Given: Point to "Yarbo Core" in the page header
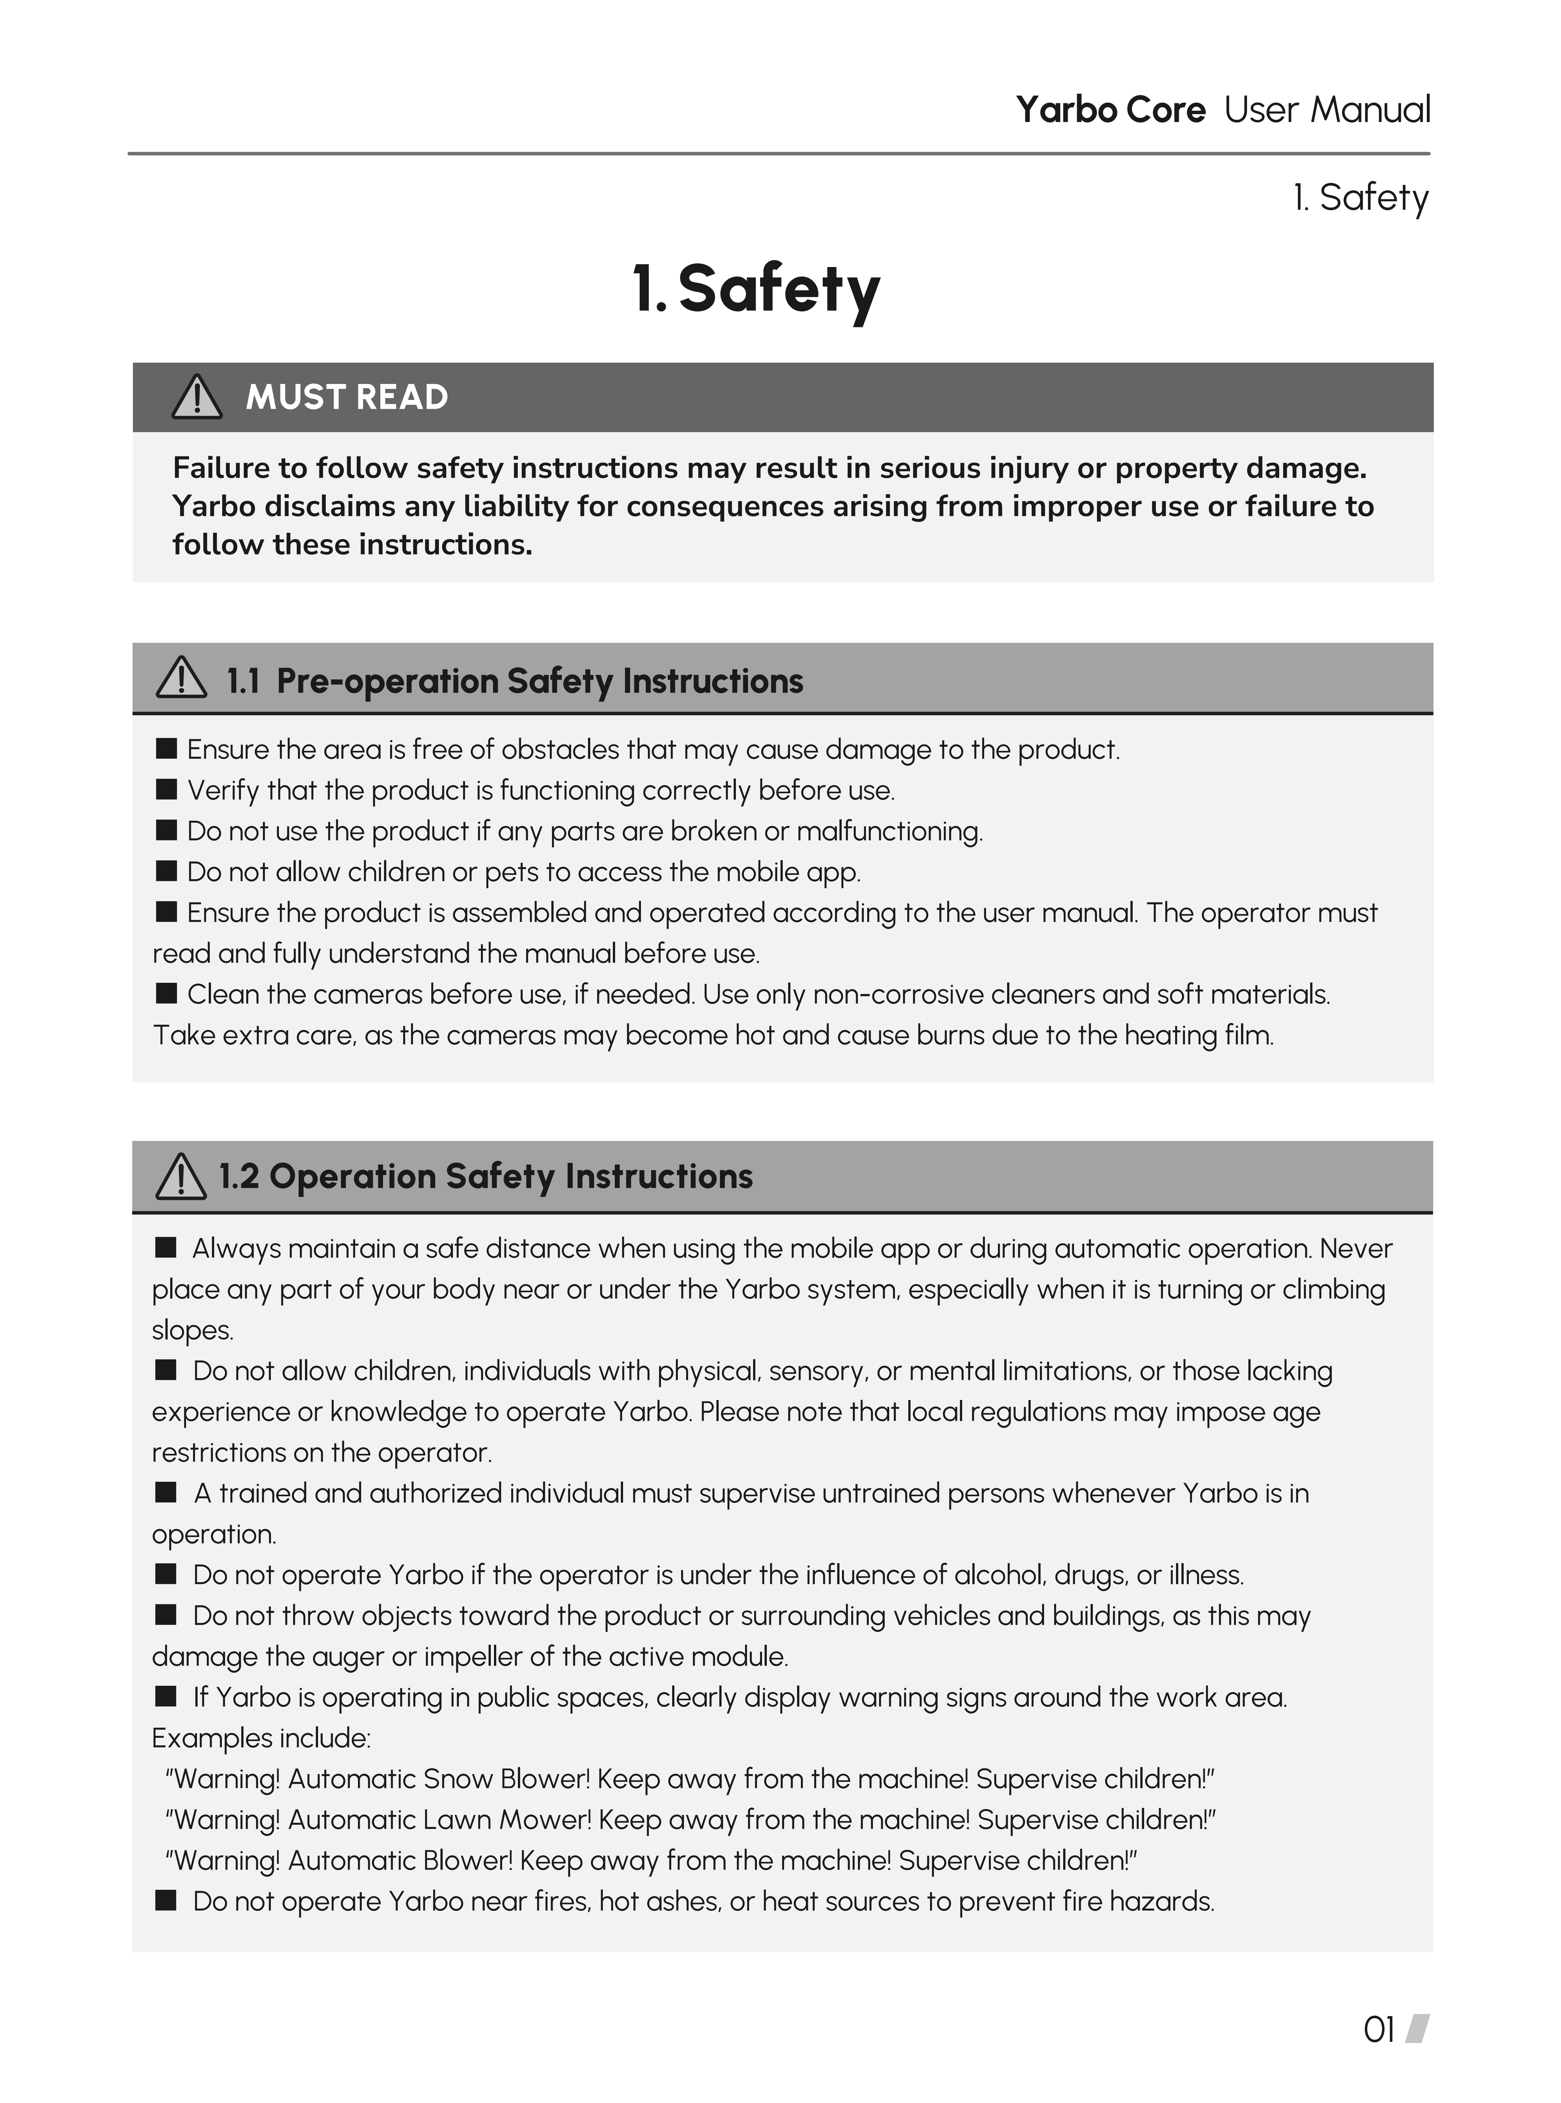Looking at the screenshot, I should tap(1110, 111).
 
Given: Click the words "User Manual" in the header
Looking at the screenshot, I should tap(1327, 111).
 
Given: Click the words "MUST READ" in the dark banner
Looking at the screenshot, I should tap(347, 398).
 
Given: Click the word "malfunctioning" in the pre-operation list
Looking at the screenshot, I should tap(888, 831).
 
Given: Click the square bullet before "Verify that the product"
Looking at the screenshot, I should tap(166, 789).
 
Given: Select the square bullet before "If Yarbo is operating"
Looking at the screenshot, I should tap(166, 1697).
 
